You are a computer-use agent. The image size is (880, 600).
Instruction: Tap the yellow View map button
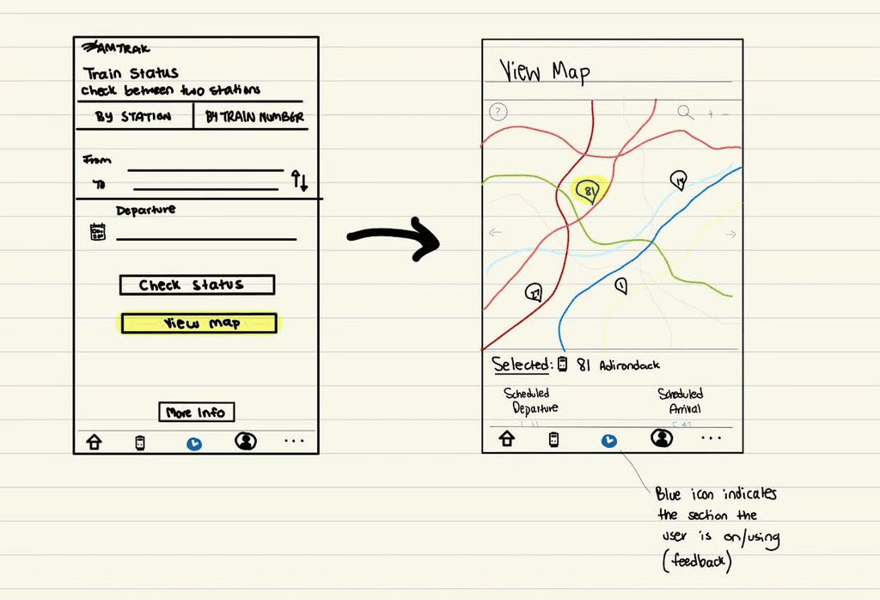[x=199, y=323]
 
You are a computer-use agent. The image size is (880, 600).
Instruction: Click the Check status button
[x=196, y=285]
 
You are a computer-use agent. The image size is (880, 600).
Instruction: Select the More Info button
[x=196, y=413]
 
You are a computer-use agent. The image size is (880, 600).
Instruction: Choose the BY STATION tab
[x=133, y=117]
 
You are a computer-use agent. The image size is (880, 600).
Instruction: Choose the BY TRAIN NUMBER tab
[x=254, y=117]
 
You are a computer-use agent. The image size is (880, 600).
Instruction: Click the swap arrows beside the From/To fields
[x=299, y=181]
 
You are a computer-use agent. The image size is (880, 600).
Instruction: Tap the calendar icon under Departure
[x=98, y=231]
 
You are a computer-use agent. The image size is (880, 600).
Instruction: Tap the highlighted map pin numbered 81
[x=588, y=191]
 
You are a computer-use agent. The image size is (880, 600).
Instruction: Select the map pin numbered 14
[x=679, y=180]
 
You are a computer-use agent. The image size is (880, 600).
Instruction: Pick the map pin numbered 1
[x=620, y=285]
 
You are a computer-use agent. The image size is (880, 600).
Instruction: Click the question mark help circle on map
[x=498, y=112]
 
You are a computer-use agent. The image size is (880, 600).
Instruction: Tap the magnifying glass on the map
[x=685, y=112]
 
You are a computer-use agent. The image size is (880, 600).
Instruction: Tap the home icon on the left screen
[x=94, y=443]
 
